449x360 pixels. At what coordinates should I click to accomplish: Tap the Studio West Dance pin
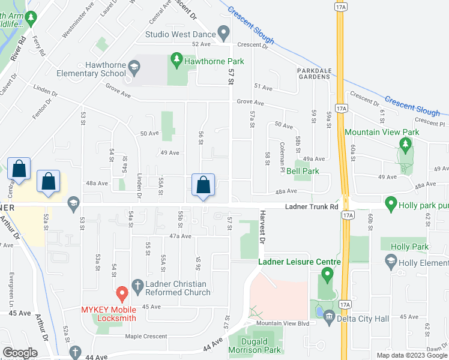224,32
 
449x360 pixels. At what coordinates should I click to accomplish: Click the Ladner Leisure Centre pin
327,276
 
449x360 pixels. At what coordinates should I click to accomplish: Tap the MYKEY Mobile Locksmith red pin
122,294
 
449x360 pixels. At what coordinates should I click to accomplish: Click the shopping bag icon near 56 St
204,185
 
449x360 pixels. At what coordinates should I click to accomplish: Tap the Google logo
20,353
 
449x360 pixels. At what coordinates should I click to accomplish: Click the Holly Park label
409,247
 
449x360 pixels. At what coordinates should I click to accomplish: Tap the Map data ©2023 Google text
411,355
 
